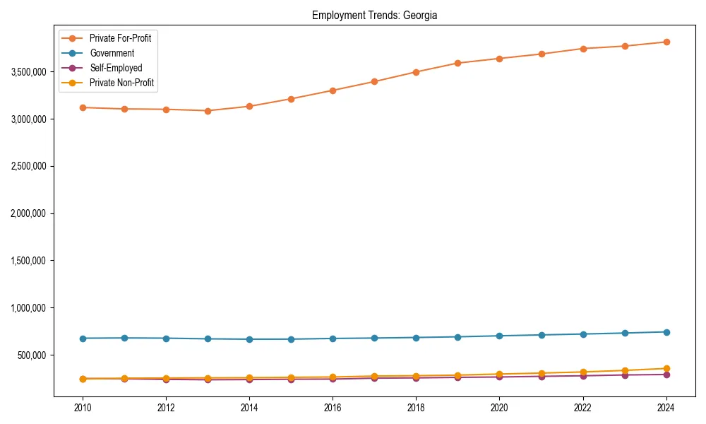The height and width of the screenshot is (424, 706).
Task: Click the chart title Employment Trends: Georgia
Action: click(374, 16)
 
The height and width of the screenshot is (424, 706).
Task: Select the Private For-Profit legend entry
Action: click(119, 38)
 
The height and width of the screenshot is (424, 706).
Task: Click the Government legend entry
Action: click(112, 53)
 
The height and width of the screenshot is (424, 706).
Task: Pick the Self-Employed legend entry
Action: click(116, 69)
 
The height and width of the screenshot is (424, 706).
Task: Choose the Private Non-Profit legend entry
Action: click(121, 83)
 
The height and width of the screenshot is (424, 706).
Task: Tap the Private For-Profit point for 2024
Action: click(666, 42)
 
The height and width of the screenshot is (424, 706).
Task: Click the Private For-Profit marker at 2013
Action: click(208, 111)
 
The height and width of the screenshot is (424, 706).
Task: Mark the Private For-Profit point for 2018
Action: click(416, 72)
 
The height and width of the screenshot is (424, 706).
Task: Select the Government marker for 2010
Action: click(83, 338)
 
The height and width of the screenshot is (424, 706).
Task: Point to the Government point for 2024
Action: click(666, 332)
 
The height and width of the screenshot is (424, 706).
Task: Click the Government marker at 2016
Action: click(333, 338)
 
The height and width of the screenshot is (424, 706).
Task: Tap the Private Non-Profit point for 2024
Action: click(666, 368)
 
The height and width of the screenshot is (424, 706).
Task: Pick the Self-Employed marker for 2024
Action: click(666, 375)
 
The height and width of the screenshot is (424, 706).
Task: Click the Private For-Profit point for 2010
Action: click(83, 107)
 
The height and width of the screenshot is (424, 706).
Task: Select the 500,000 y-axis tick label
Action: click(32, 355)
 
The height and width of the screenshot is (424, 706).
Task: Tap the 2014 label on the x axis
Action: click(249, 408)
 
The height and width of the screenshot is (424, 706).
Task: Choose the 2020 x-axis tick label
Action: click(499, 408)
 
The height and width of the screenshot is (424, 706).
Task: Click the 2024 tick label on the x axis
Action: click(666, 408)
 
